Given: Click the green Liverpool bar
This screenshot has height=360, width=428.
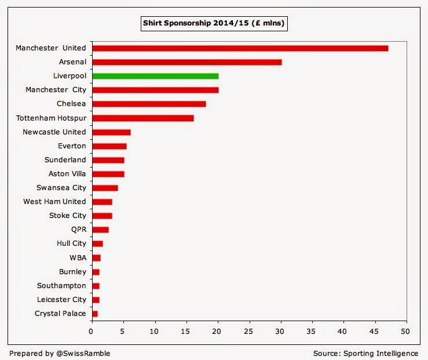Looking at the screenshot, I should click(x=155, y=76).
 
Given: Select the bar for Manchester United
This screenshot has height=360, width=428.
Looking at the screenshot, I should click(x=240, y=48).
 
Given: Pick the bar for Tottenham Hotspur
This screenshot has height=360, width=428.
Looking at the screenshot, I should click(x=142, y=118).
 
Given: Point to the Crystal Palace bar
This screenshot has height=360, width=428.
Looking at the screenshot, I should click(x=95, y=314).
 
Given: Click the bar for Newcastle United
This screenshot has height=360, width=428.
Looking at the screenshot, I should click(x=111, y=132).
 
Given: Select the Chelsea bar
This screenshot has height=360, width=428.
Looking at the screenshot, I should click(x=149, y=104).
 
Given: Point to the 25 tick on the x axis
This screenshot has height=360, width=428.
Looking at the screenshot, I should click(x=249, y=333).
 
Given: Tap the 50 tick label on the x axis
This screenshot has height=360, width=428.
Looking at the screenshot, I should click(x=407, y=333).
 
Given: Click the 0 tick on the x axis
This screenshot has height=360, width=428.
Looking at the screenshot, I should click(x=92, y=333).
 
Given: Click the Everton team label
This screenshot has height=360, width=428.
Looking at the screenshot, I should click(x=72, y=146).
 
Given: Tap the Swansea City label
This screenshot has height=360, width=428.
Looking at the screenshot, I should click(x=61, y=188).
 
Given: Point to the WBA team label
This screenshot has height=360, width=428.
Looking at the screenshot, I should click(x=77, y=257).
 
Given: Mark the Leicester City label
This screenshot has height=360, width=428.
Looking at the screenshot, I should click(x=61, y=300).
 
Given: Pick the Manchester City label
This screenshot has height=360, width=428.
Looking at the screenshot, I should click(x=56, y=90).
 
